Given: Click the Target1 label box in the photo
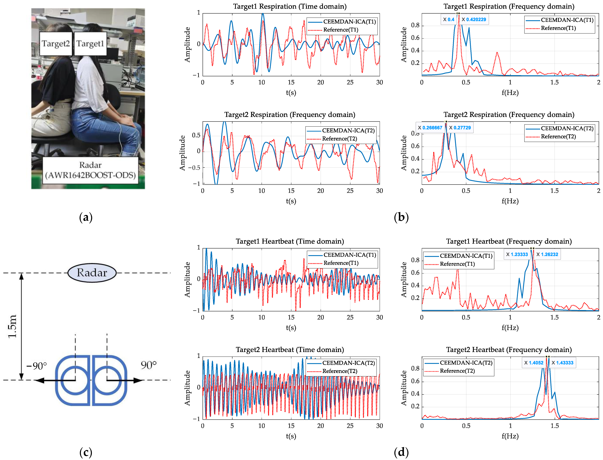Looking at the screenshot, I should [90, 44].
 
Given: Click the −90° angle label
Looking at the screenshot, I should [36, 366].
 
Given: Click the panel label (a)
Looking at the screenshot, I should [86, 217].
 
